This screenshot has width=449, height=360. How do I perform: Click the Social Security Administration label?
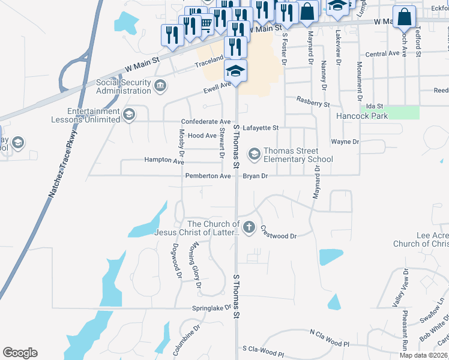pos(123,86)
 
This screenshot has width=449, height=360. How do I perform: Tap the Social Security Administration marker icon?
pos(160,86)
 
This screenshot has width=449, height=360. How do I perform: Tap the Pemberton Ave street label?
pos(208,176)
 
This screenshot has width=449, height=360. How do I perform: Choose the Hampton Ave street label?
pos(164,161)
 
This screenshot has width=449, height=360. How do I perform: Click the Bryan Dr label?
pos(255,176)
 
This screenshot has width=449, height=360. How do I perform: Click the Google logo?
pos(20,353)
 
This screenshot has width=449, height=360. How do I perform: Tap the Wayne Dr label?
pos(345,142)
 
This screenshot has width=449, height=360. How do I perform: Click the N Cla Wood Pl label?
pos(329,337)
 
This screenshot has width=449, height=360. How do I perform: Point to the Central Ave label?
pos(382,54)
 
